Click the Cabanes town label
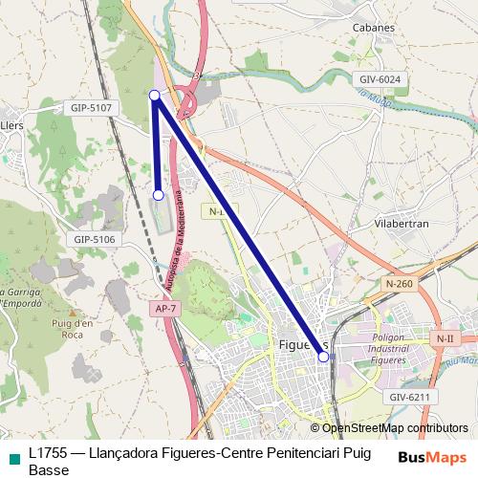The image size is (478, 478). point(373,28)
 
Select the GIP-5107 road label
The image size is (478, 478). point(92,108)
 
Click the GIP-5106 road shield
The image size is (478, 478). point(94,239)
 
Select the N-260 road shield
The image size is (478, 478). point(401,283)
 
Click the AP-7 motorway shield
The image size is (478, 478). point(165,308)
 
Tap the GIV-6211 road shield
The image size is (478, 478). point(409,396)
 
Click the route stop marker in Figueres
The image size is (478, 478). point(323,357)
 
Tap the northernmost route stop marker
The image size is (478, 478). point(155,94)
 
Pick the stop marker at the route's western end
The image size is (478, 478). point(159,195)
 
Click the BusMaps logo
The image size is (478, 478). point(432,458)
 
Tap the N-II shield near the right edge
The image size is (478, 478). point(444,338)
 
